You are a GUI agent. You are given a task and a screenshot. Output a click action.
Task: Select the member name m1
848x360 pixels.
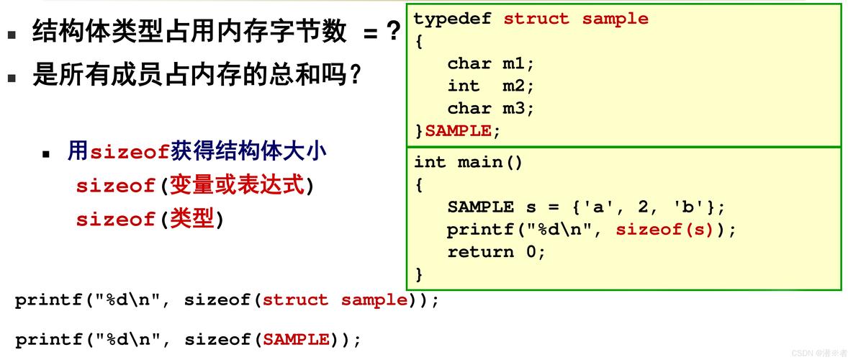click(x=518, y=63)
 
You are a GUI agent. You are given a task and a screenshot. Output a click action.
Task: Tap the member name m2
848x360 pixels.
click(x=518, y=86)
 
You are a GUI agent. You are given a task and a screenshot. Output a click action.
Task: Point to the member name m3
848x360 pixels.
click(x=518, y=108)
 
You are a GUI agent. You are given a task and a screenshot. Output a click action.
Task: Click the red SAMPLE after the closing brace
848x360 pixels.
click(x=458, y=131)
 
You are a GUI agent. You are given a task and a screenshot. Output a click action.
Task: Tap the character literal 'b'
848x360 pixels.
click(x=687, y=207)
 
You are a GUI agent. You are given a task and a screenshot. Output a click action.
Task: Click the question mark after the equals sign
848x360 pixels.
click(x=393, y=32)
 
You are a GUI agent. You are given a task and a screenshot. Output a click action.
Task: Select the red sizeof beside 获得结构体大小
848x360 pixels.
click(x=130, y=152)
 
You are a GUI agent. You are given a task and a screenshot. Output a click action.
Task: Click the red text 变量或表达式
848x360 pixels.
click(x=238, y=186)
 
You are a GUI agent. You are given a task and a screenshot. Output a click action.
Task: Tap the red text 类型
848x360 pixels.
click(x=192, y=219)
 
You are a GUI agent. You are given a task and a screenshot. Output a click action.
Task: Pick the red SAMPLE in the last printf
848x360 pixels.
click(x=296, y=339)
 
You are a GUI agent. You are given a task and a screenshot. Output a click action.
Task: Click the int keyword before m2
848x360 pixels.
click(x=463, y=86)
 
